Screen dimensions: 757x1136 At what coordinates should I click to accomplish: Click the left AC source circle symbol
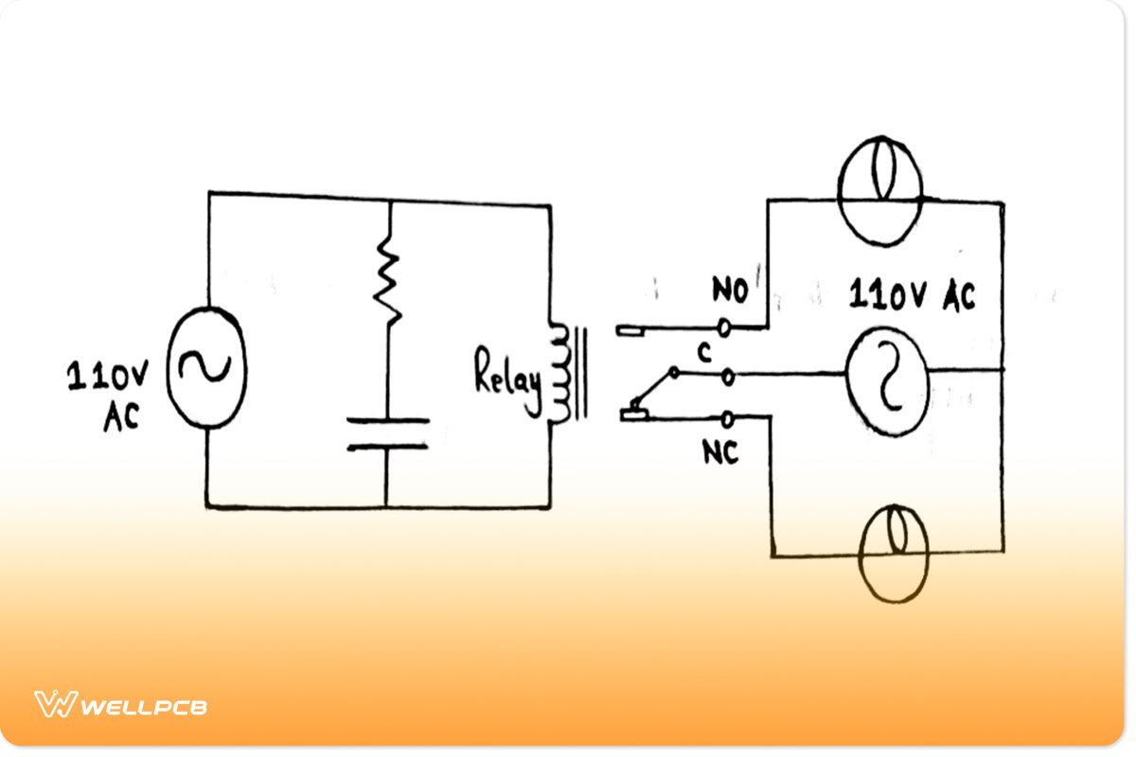205,367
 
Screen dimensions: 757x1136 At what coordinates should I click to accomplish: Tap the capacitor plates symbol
387,433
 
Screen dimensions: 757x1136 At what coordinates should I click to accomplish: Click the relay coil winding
558,374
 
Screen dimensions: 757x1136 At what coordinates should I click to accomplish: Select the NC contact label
720,453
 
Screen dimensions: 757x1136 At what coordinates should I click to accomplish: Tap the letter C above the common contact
703,353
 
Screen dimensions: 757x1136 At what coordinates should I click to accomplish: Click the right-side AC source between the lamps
886,383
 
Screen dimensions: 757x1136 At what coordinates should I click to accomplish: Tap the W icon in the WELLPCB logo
55,705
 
